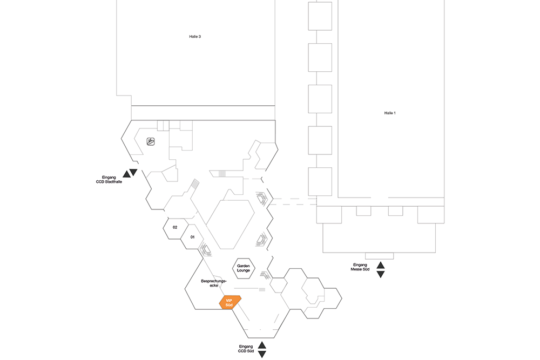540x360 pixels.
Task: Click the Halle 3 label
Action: [x=195, y=37]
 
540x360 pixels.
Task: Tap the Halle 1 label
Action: [x=390, y=113]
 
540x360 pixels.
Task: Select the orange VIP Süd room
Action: [x=230, y=303]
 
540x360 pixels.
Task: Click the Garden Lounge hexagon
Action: [x=244, y=268]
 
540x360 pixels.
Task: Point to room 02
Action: [x=175, y=227]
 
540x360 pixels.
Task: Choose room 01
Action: [x=193, y=237]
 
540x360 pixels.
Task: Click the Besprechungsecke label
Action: [x=213, y=283]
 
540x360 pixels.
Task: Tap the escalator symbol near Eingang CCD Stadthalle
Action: [x=151, y=141]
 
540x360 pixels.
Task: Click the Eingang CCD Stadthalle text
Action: [x=109, y=180]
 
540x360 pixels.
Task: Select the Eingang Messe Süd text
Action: [x=360, y=267]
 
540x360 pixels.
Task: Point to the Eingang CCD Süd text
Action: [x=246, y=349]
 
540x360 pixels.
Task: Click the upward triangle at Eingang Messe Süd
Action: [x=381, y=265]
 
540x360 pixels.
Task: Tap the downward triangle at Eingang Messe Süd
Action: [x=381, y=274]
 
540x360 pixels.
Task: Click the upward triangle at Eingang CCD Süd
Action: [x=262, y=345]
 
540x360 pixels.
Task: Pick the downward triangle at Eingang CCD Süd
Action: [x=262, y=355]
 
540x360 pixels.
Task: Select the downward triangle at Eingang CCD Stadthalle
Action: [x=133, y=172]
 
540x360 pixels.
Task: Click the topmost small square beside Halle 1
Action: [x=320, y=16]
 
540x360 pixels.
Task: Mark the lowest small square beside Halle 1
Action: [x=320, y=182]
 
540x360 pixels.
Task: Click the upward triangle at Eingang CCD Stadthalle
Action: [x=126, y=174]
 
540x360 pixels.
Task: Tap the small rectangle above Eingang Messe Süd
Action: [x=379, y=256]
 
